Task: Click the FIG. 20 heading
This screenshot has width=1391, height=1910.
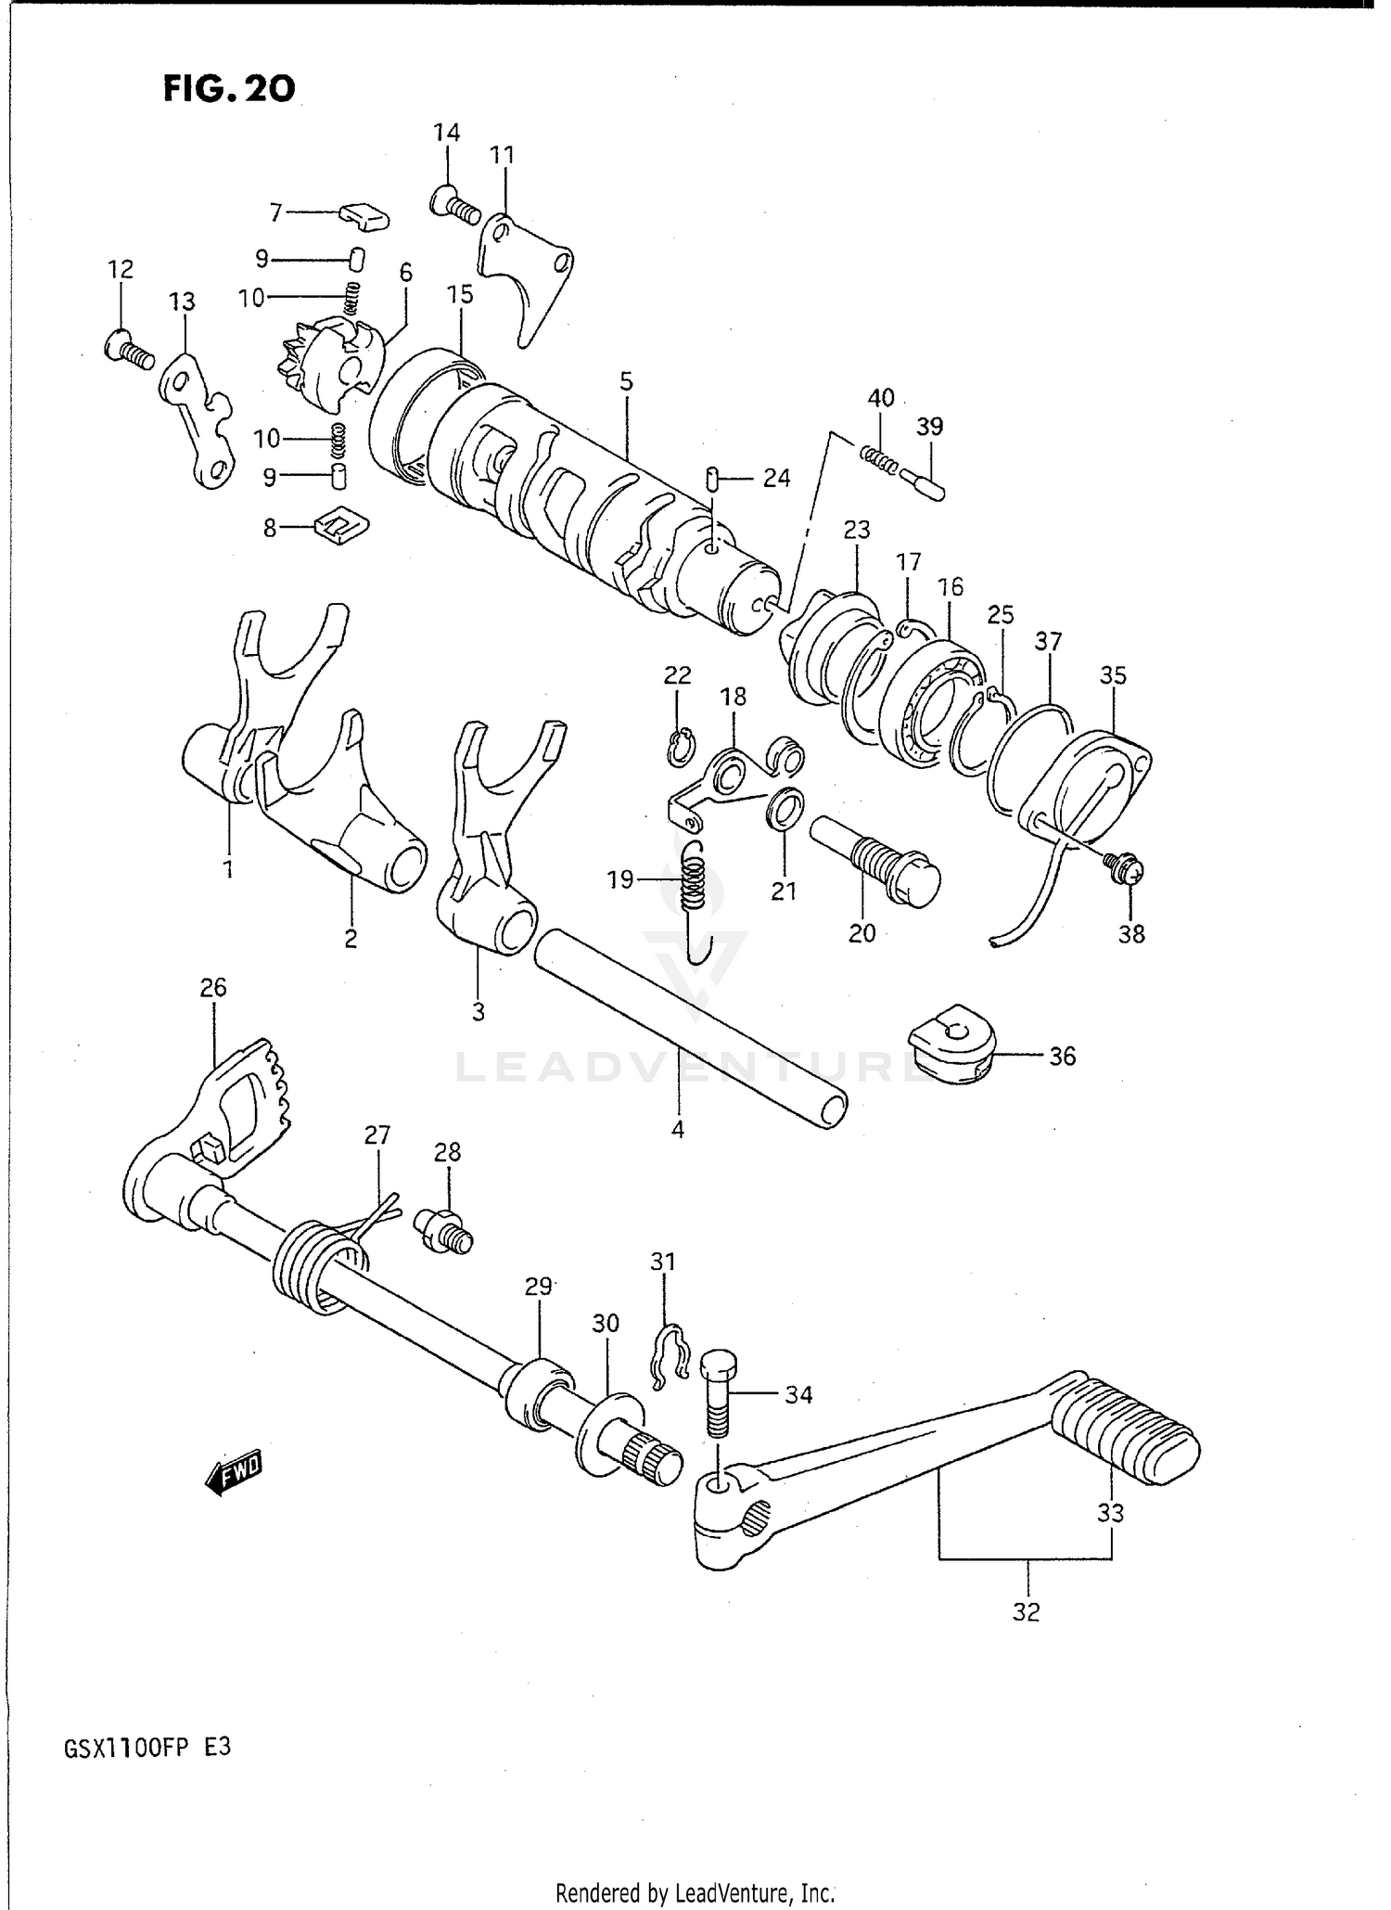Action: pos(229,89)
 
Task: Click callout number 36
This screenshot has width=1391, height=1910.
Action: pos(1062,1056)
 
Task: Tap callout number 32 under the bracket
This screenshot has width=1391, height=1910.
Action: pos(1026,1611)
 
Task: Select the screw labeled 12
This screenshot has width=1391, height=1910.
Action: pos(130,352)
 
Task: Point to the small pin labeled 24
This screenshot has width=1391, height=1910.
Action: pos(712,480)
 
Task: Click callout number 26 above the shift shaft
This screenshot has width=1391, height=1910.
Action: pos(213,988)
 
